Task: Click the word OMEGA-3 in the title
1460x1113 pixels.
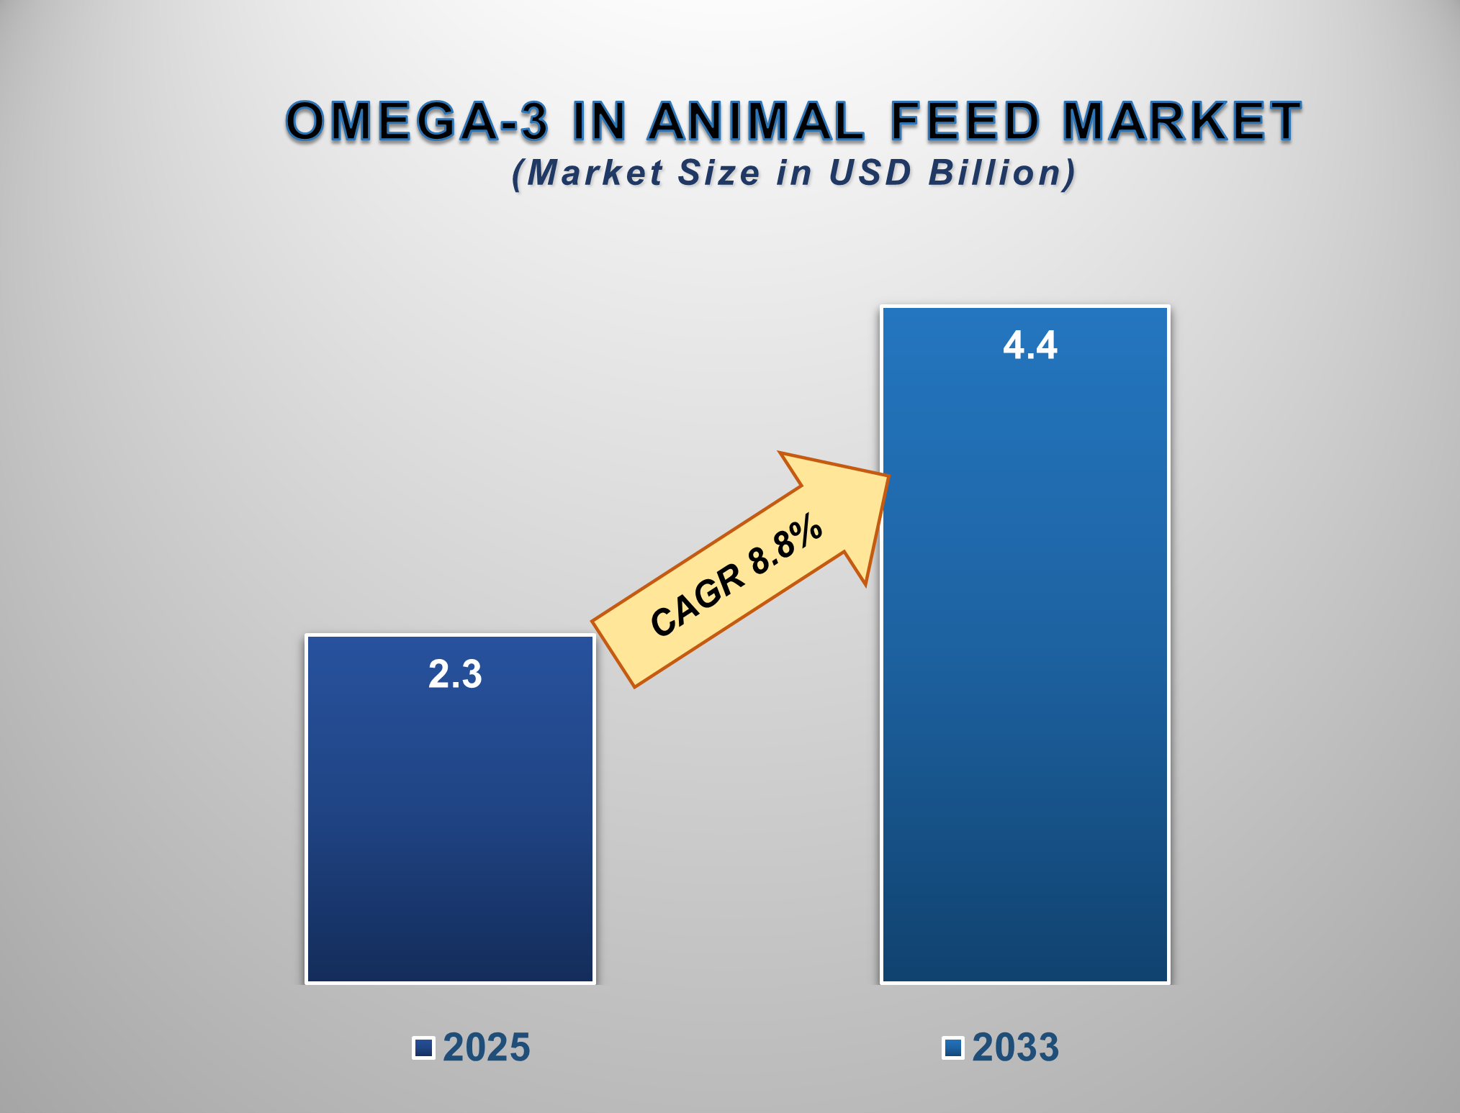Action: (416, 121)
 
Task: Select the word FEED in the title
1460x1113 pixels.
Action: (965, 121)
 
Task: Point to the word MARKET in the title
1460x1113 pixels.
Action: (1182, 121)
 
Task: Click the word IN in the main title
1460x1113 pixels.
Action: (599, 121)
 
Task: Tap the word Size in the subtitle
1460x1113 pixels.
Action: (718, 173)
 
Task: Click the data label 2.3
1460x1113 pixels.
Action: (455, 675)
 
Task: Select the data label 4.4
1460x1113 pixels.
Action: (1030, 345)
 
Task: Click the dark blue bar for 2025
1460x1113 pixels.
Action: (450, 827)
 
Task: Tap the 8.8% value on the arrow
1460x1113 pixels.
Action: (785, 545)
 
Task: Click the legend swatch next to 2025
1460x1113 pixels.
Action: (423, 1048)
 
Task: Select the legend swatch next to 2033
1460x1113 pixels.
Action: (953, 1048)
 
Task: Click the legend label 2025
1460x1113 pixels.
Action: (487, 1048)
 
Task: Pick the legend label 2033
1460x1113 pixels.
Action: (1016, 1048)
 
